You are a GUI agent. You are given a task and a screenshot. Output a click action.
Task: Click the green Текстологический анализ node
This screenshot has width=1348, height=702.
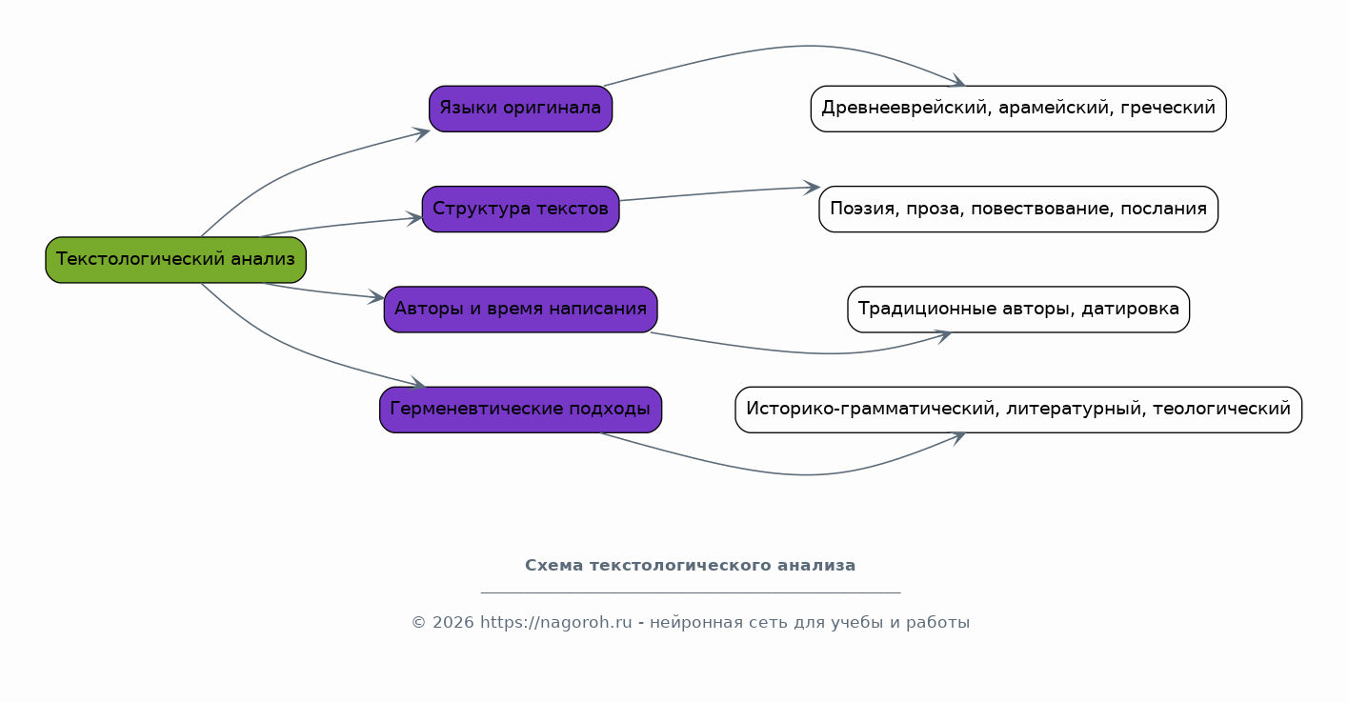click(x=175, y=260)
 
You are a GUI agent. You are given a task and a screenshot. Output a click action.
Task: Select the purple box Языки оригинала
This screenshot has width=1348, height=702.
click(x=520, y=109)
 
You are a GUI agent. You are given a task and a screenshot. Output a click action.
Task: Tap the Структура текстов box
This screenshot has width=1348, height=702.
click(x=520, y=210)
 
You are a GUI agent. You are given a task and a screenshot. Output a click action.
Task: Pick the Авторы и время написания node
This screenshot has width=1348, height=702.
click(x=520, y=310)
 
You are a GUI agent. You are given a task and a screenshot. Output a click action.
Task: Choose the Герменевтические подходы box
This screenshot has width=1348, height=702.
click(x=520, y=410)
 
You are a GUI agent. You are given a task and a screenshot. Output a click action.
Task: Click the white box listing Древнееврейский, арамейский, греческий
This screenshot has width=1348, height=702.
click(x=1018, y=109)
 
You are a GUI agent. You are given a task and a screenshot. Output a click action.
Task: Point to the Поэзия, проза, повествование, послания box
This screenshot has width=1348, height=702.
click(x=1018, y=210)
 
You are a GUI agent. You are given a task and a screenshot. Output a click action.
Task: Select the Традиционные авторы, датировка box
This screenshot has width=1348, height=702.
click(x=1018, y=310)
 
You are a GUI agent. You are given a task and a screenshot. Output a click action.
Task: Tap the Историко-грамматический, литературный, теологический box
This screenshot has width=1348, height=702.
click(x=1018, y=410)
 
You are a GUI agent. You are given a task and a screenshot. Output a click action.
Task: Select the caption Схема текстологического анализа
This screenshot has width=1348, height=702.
click(x=691, y=566)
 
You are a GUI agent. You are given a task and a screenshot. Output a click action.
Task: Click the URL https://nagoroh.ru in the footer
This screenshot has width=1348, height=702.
click(x=556, y=622)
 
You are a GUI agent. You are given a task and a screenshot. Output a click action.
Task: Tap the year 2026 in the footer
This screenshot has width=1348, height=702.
click(x=453, y=622)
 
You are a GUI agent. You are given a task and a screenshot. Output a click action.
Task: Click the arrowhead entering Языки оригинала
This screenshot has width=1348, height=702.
click(x=421, y=133)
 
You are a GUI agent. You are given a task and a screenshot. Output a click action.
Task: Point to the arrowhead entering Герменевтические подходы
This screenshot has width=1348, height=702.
click(x=417, y=383)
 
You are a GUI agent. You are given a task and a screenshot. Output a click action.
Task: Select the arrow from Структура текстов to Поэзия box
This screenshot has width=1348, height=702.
click(x=720, y=192)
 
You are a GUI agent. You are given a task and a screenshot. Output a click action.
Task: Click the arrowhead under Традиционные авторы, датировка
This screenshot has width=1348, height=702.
click(x=942, y=335)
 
